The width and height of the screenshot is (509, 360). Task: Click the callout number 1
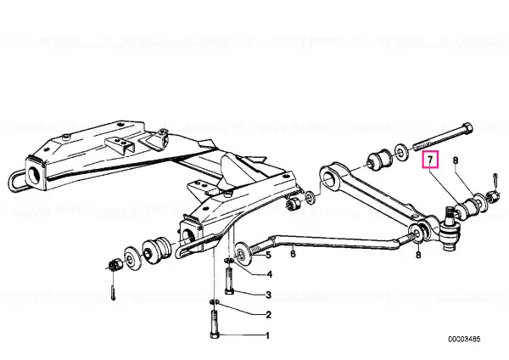(x=268, y=335)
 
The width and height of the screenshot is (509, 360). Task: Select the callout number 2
(x=268, y=314)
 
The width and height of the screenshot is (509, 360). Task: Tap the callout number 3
(x=268, y=295)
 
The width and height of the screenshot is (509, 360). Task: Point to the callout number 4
(x=270, y=275)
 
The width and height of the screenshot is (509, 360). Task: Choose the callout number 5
(x=268, y=255)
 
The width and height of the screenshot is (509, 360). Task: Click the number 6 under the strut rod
(x=293, y=253)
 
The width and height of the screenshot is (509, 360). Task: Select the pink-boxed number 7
(x=430, y=160)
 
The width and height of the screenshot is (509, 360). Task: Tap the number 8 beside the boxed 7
(x=456, y=160)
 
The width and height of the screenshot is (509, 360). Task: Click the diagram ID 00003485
(x=464, y=340)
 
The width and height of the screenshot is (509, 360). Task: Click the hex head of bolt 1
(x=215, y=335)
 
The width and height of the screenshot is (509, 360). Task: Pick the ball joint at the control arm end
(x=450, y=229)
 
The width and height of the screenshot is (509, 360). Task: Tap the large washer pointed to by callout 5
(x=242, y=253)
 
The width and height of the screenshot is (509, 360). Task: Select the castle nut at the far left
(x=115, y=265)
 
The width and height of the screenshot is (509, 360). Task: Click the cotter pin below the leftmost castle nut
(x=112, y=292)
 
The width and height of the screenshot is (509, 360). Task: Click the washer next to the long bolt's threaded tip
(x=401, y=153)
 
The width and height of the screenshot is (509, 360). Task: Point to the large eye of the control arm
(x=330, y=177)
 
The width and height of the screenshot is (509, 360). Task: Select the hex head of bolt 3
(x=230, y=292)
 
